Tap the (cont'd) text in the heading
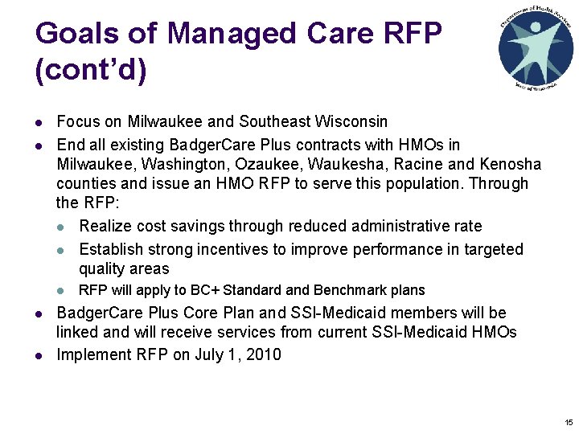pos(91,71)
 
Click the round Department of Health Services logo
pos(536,49)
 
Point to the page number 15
pos(569,422)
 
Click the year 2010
pos(262,354)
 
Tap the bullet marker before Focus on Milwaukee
pos(39,122)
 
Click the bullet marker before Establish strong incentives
pos(61,250)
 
